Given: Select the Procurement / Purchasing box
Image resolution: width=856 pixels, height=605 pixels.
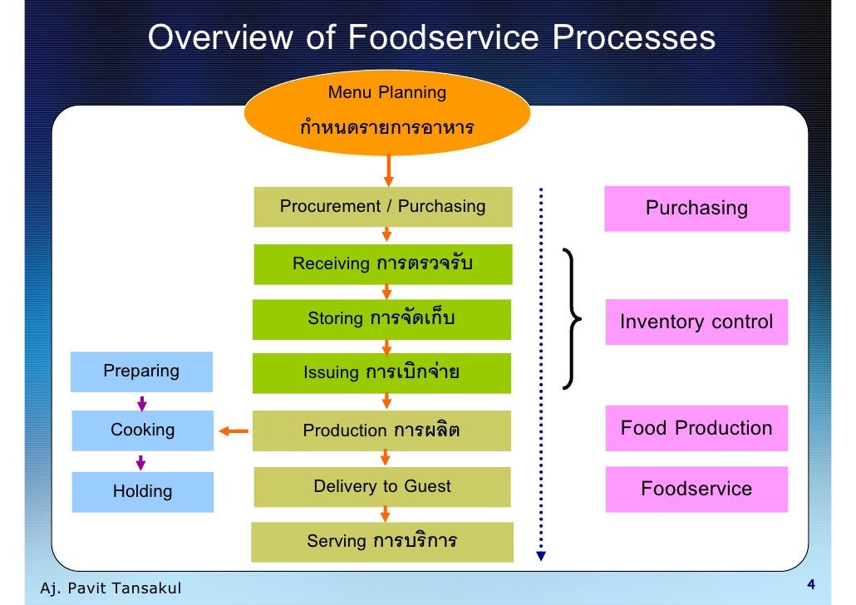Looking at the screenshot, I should pyautogui.click(x=382, y=207).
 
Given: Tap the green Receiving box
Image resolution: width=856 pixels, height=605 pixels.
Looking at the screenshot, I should pyautogui.click(x=382, y=264).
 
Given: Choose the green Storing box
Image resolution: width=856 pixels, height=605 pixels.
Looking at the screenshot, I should pyautogui.click(x=382, y=319).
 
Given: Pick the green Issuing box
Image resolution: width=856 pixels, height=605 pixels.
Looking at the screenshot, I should pyautogui.click(x=382, y=373).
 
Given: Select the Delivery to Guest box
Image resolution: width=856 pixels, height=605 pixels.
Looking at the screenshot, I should pyautogui.click(x=382, y=487).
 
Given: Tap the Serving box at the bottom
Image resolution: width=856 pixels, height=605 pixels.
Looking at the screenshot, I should pyautogui.click(x=382, y=542).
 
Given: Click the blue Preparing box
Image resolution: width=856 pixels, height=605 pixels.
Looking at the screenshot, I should pyautogui.click(x=141, y=371).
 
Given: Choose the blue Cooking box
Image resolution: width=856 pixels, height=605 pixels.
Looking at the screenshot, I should pyautogui.click(x=143, y=430).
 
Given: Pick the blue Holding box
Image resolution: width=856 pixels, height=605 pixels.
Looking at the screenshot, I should pyautogui.click(x=143, y=491).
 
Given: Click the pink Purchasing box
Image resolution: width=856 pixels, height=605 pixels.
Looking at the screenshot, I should pyautogui.click(x=696, y=208).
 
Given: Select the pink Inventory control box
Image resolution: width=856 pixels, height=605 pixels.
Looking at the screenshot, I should pyautogui.click(x=696, y=322).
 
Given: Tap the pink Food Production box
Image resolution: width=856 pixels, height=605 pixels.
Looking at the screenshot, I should pyautogui.click(x=696, y=429).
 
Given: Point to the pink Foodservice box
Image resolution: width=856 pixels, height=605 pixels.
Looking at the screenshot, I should pyautogui.click(x=696, y=489).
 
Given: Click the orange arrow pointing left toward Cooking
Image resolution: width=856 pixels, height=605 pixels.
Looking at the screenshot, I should pyautogui.click(x=234, y=430).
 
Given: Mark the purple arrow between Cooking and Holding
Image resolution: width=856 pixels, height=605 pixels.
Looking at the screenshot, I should pyautogui.click(x=142, y=462).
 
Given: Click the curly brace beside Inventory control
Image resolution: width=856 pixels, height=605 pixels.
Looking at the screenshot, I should pyautogui.click(x=573, y=319).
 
